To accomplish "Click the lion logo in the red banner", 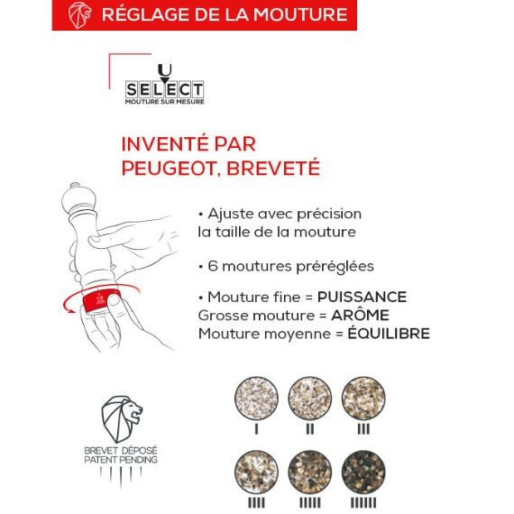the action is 79,14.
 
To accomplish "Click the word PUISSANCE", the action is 362,297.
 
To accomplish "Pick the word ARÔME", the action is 360,315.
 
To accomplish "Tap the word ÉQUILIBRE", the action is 389,333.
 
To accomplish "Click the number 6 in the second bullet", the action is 213,266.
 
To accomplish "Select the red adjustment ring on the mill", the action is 101,300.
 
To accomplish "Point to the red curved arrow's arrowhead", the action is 69,310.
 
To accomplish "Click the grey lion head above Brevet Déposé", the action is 121,419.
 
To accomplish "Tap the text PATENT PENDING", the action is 121,460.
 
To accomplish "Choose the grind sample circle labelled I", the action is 256,398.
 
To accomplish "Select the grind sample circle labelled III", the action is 363,398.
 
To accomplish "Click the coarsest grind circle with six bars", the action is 363,472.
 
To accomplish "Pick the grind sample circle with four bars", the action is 256,472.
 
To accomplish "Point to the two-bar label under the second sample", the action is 310,428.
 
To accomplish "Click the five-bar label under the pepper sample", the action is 310,503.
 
